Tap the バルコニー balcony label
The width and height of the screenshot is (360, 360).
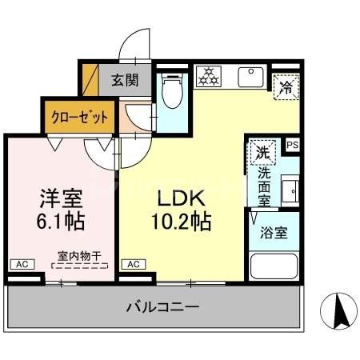point(162,306)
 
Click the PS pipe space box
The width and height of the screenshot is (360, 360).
point(293,146)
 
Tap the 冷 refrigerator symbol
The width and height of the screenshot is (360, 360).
point(285,87)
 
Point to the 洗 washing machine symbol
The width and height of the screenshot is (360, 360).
point(262,150)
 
